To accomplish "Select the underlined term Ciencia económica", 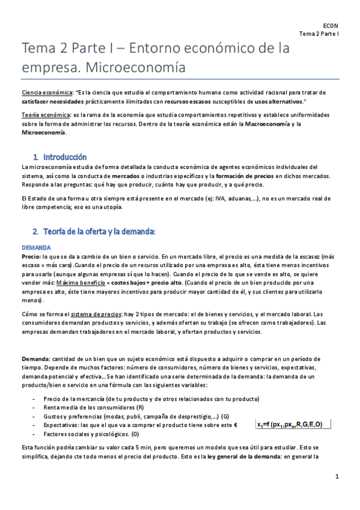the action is click(46, 93).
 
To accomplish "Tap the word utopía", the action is click(110, 207).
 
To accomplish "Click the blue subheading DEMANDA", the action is click(36, 247).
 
